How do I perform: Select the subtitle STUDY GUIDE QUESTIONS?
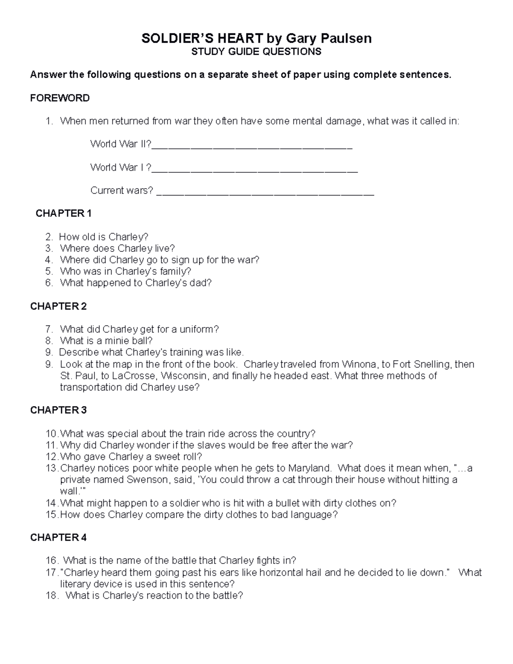(x=256, y=52)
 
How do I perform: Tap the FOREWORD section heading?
(x=60, y=98)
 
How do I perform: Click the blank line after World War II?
(x=252, y=145)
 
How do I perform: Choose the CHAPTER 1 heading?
(x=64, y=213)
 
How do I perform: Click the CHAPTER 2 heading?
(x=59, y=306)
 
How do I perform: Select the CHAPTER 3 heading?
(x=59, y=410)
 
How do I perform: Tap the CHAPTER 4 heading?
(x=59, y=537)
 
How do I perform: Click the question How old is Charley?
(x=103, y=237)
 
